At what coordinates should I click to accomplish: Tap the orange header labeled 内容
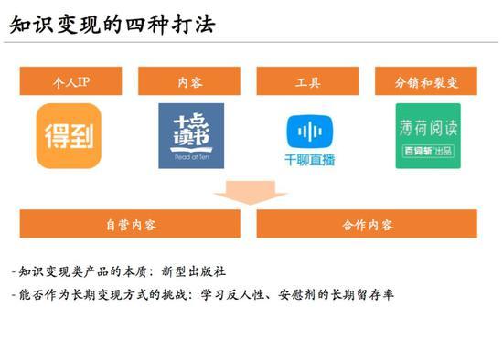[x=190, y=81]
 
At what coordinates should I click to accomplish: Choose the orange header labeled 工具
[x=308, y=81]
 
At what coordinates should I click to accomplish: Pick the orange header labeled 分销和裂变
[x=427, y=81]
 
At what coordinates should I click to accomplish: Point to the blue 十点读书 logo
[x=190, y=135]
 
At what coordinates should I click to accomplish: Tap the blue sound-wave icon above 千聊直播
[x=310, y=130]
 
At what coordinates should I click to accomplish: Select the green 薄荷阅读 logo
[x=428, y=135]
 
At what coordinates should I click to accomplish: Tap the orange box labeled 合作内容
[x=367, y=224]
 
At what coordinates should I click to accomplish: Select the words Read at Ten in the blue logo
[x=190, y=156]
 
